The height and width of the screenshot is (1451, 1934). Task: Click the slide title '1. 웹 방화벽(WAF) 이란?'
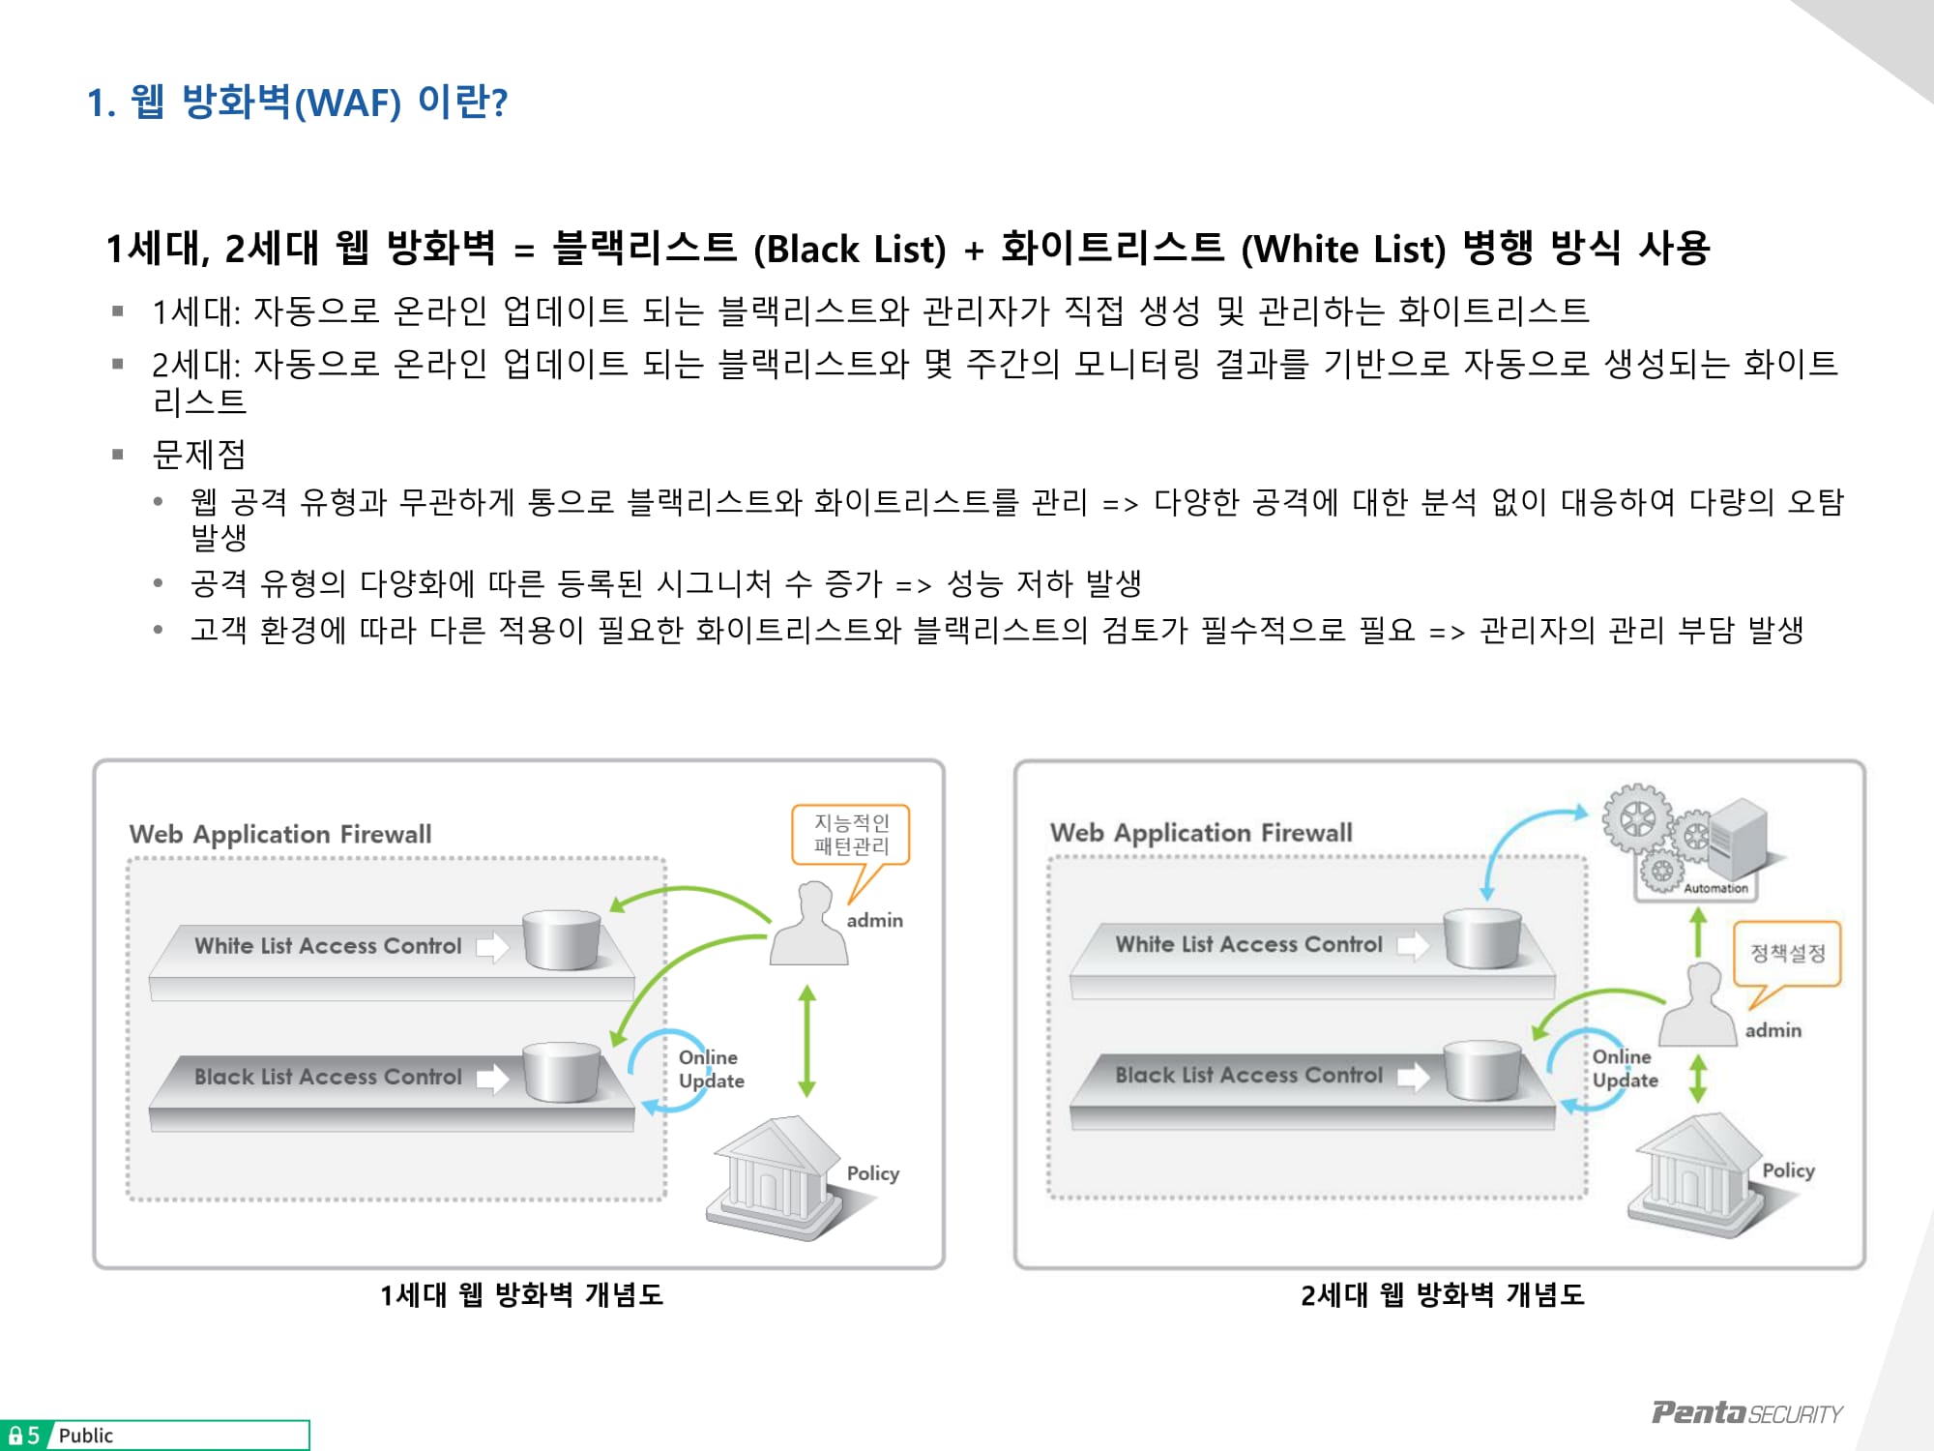click(x=297, y=102)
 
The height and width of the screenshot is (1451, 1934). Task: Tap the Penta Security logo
click(x=1745, y=1413)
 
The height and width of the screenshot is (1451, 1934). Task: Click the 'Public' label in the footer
click(x=85, y=1436)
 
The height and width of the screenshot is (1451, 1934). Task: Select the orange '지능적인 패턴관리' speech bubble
click(x=851, y=834)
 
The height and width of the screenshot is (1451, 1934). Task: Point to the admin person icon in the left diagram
click(x=809, y=926)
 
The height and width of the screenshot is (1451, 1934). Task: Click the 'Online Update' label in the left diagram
click(x=711, y=1069)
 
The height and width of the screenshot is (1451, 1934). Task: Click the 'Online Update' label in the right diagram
click(x=1625, y=1069)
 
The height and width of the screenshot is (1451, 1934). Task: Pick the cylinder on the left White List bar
click(x=562, y=939)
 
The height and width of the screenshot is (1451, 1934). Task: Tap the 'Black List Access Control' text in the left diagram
click(x=328, y=1077)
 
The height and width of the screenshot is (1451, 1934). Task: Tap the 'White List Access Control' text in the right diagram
click(x=1248, y=944)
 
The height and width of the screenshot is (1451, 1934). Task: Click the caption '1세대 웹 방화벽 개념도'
click(x=521, y=1294)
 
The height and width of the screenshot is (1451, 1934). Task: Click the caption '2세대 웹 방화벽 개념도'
click(x=1442, y=1294)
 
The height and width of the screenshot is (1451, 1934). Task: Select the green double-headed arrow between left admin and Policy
click(x=807, y=1041)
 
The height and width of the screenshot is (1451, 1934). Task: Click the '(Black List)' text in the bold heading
click(x=849, y=250)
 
